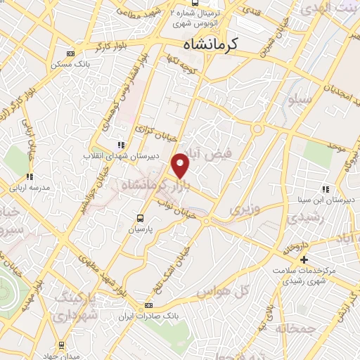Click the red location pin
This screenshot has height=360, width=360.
coord(181,165)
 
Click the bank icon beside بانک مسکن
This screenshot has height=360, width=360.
coord(70,53)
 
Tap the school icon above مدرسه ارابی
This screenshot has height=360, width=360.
coord(29,176)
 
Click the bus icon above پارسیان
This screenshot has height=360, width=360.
coord(140,218)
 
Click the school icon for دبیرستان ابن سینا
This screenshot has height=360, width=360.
coord(326,189)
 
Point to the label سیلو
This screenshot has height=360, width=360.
coord(300,98)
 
